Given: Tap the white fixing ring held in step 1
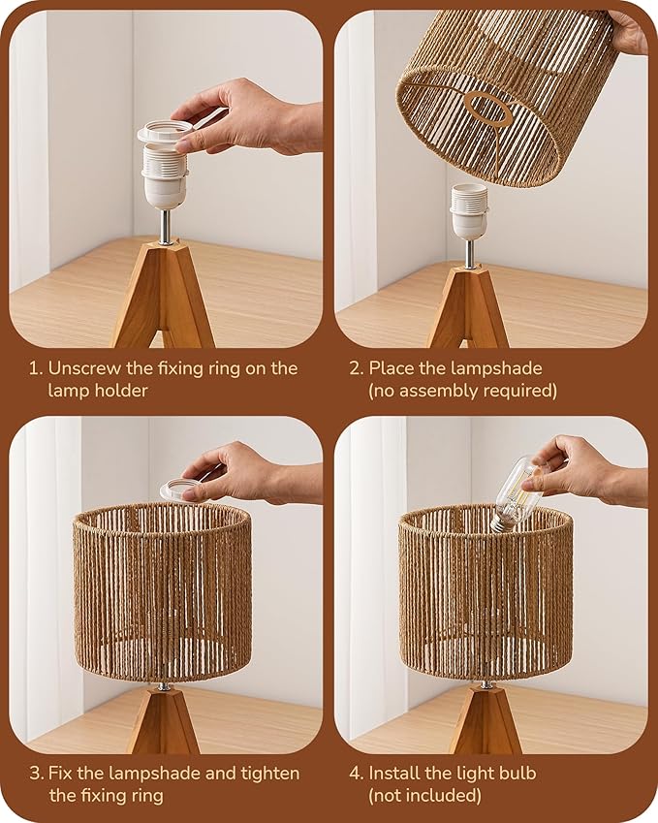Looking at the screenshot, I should click(x=168, y=132).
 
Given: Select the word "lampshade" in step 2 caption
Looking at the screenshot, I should click(x=498, y=368).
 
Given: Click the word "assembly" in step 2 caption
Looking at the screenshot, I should click(x=437, y=390).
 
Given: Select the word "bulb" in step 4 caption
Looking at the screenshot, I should click(x=513, y=774).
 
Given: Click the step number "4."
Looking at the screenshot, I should click(x=357, y=774).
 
